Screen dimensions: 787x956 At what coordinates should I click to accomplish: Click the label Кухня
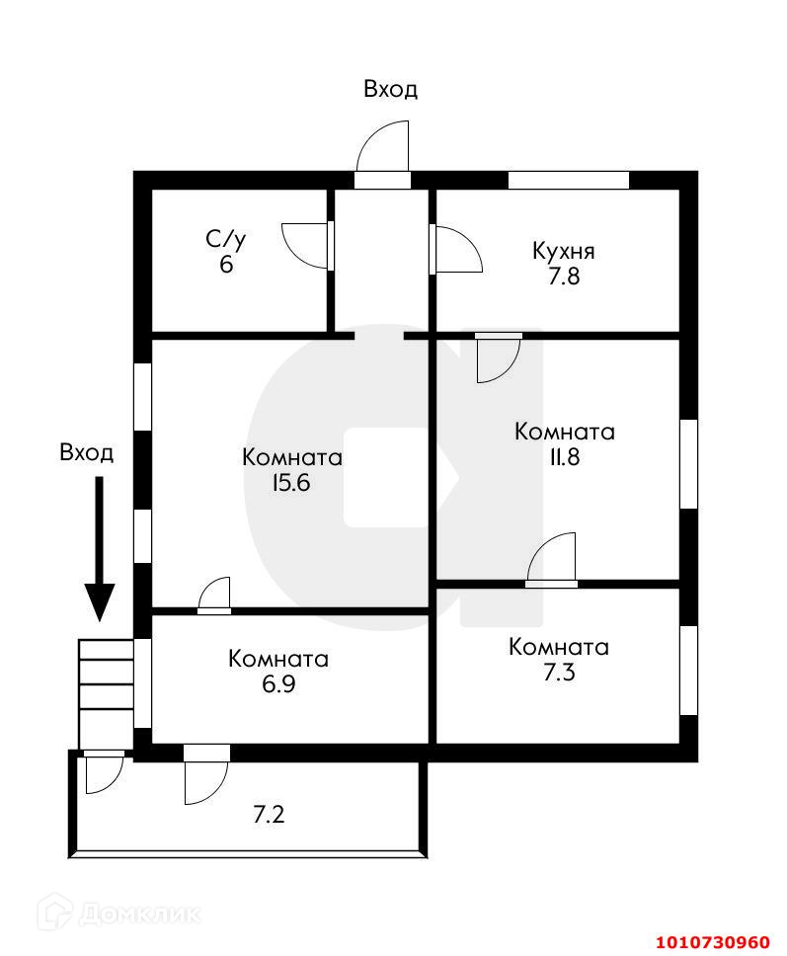[x=563, y=251]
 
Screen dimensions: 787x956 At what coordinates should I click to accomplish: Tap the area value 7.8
[x=564, y=277]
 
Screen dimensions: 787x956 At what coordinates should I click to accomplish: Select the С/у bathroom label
[x=225, y=239]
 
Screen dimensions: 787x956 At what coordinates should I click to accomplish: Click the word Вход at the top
[x=390, y=89]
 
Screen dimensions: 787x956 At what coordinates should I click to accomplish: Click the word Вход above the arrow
[x=87, y=453]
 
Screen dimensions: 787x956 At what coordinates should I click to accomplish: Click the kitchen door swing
[x=457, y=249]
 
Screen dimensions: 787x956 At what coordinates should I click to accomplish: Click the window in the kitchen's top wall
[x=568, y=180]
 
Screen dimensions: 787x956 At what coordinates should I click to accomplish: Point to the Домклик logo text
[x=138, y=912]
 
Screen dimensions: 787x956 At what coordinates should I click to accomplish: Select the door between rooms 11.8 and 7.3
[x=551, y=560]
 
